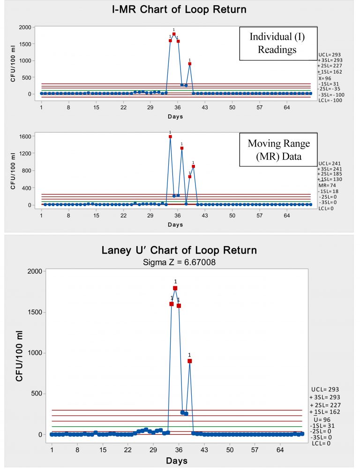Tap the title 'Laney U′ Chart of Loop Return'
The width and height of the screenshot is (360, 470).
click(x=179, y=250)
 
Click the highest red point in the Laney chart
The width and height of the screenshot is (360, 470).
click(x=175, y=288)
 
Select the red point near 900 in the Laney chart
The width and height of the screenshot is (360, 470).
click(x=190, y=361)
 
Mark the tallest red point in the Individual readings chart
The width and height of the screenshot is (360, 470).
click(x=174, y=34)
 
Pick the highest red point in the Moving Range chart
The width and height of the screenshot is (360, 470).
click(x=170, y=136)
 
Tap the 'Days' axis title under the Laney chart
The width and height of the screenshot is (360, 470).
click(x=179, y=461)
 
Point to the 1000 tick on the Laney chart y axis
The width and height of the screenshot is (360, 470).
click(x=34, y=353)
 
